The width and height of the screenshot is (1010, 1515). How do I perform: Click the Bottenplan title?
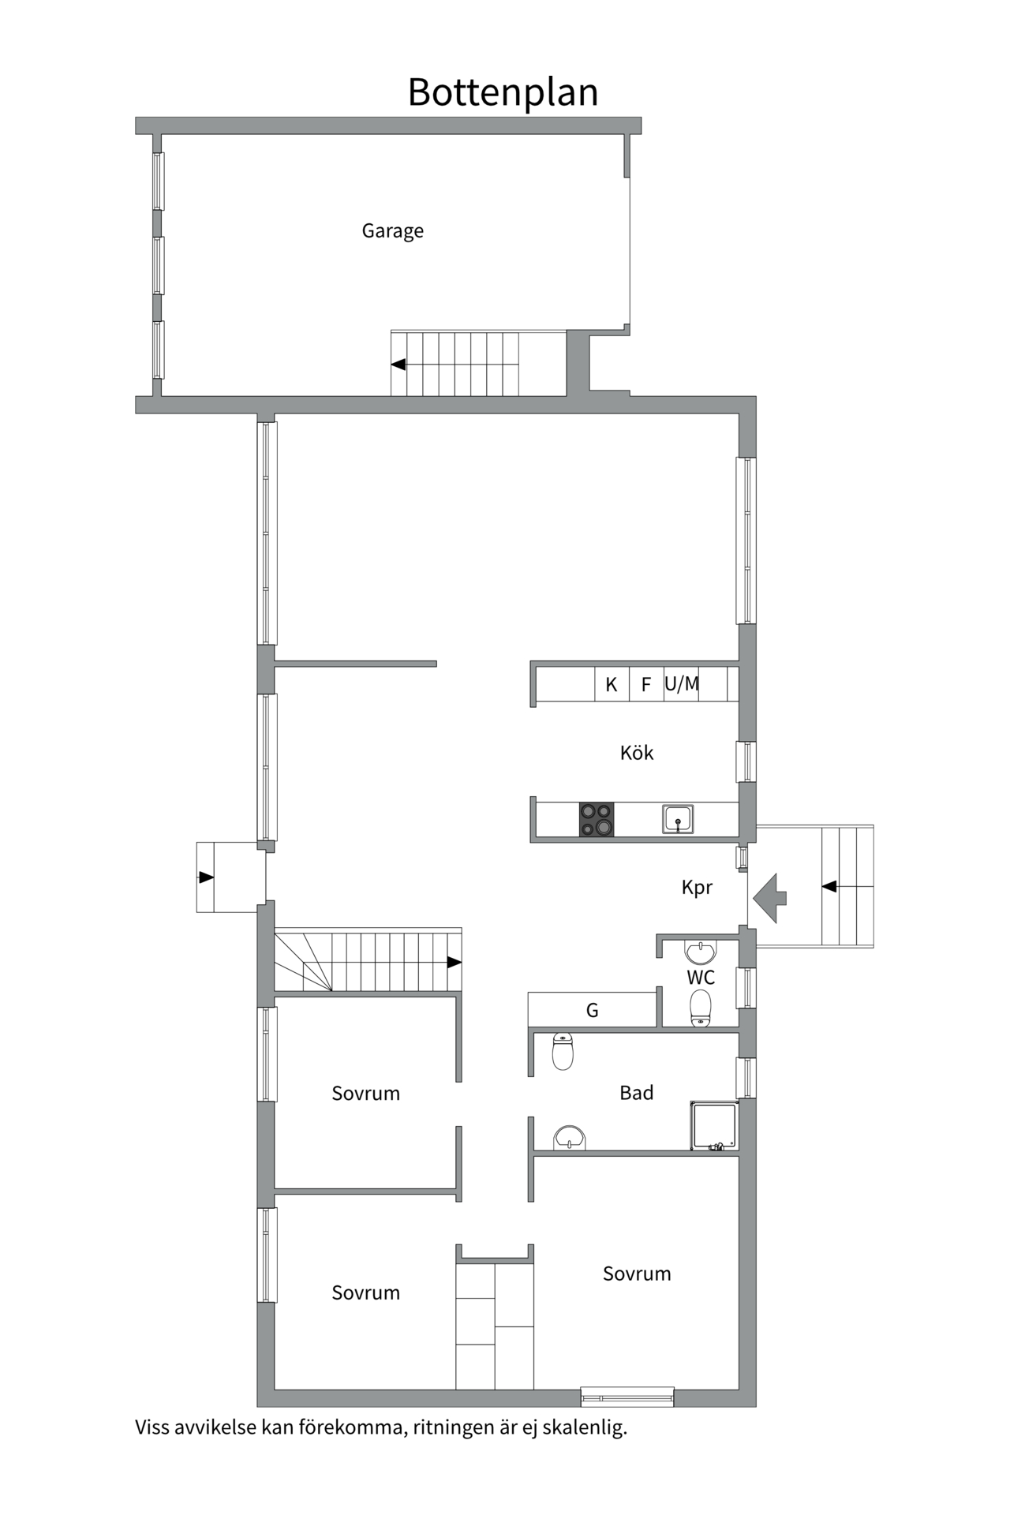(x=503, y=92)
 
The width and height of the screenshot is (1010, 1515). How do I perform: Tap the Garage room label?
(x=392, y=230)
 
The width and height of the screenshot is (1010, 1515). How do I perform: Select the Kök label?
(x=636, y=753)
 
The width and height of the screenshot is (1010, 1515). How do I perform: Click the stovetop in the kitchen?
(x=597, y=819)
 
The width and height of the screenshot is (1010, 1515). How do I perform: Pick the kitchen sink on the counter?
(x=678, y=819)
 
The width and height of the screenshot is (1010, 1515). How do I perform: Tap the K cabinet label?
(x=611, y=684)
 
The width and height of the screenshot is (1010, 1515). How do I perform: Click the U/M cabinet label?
(x=682, y=683)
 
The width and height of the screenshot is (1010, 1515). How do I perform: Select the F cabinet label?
(x=645, y=684)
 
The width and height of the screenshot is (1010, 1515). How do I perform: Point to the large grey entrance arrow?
(x=770, y=898)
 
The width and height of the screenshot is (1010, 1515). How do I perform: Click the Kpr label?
(x=697, y=888)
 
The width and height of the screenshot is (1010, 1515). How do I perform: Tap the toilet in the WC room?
(x=700, y=1008)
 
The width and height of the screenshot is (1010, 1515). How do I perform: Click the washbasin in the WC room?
(x=700, y=952)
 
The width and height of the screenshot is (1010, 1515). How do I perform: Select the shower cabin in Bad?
(x=714, y=1126)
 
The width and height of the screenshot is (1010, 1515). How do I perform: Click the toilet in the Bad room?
(x=563, y=1050)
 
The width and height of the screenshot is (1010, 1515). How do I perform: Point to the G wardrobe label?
(x=592, y=1010)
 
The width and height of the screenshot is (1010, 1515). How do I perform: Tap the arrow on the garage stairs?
(x=399, y=365)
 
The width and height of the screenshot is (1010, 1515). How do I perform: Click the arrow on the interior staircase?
(x=454, y=962)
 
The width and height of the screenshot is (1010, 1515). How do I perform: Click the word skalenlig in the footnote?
(x=585, y=1427)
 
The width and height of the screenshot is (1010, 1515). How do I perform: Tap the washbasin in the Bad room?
(x=569, y=1138)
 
